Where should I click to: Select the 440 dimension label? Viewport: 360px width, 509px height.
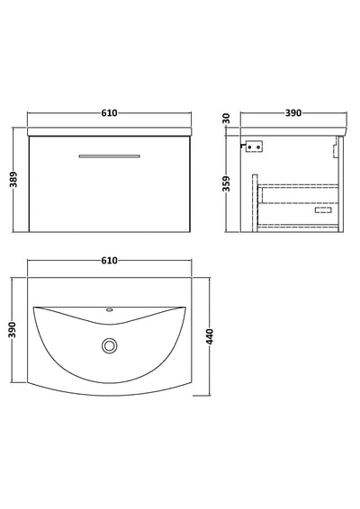pyautogui.click(x=210, y=339)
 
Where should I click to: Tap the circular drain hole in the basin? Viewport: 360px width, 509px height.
pyautogui.click(x=110, y=344)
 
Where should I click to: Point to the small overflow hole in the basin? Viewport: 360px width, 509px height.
pyautogui.click(x=110, y=311)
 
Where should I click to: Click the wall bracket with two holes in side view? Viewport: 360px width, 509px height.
pyautogui.click(x=254, y=146)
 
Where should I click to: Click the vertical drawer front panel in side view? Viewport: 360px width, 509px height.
pyautogui.click(x=256, y=205)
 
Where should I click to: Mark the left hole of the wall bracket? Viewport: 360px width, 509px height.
pyautogui.click(x=250, y=146)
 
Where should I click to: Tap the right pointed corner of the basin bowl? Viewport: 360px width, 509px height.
pyautogui.click(x=185, y=309)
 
